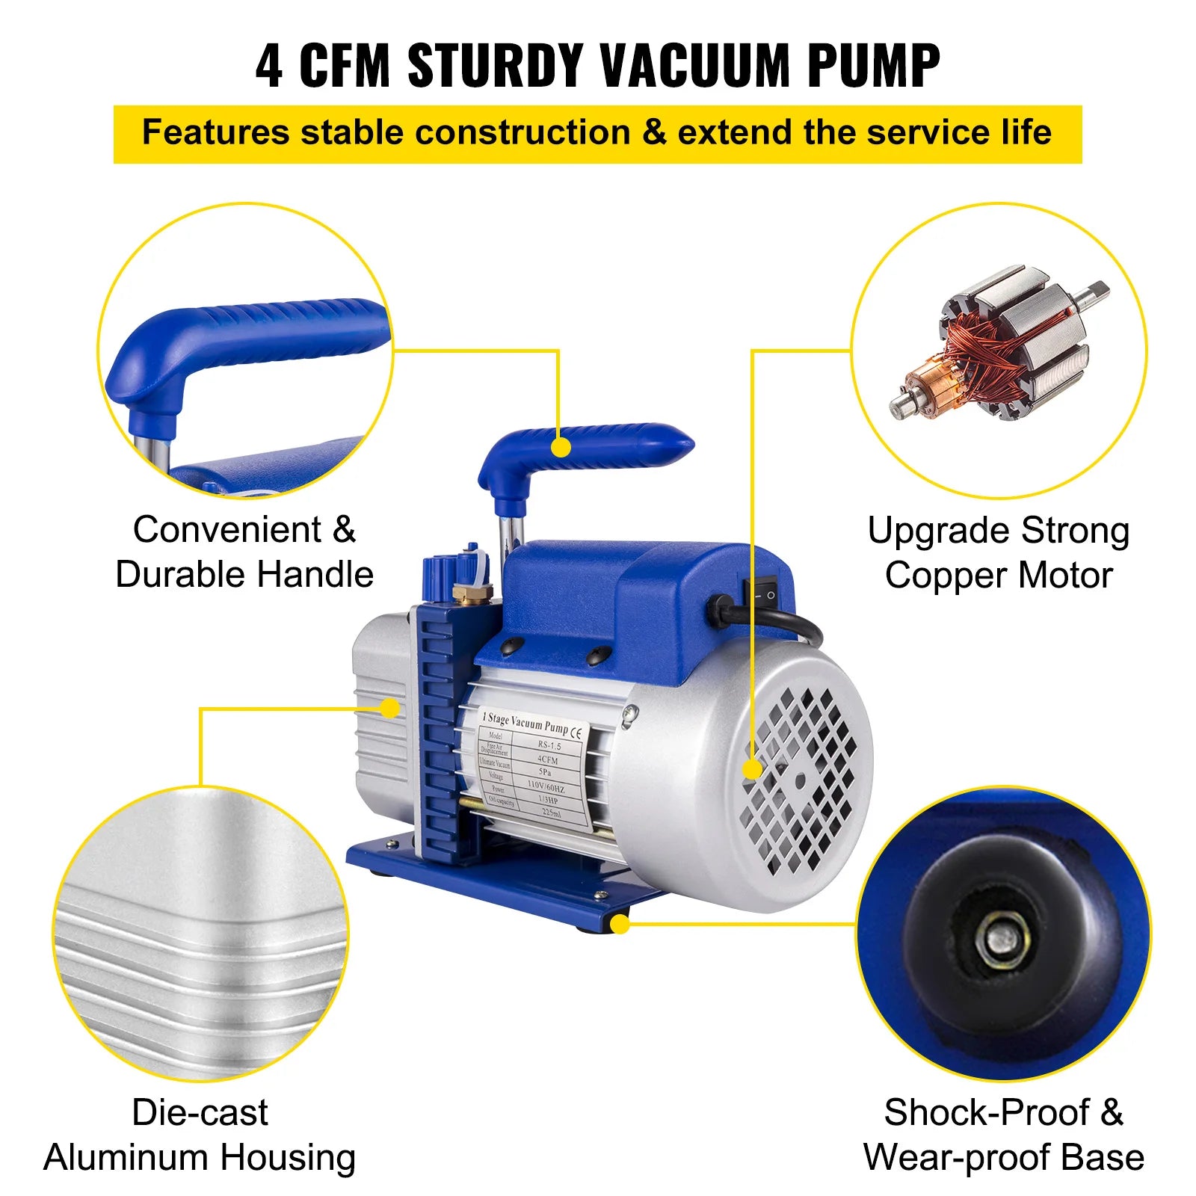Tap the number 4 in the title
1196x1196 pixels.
tap(269, 66)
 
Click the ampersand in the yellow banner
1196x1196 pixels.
tap(654, 132)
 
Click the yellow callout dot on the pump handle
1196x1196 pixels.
tap(561, 448)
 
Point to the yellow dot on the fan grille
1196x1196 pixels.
tap(752, 769)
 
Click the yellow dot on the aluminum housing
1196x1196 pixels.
tap(389, 708)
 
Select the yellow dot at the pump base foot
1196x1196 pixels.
tap(620, 925)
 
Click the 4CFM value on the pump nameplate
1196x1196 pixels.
tap(548, 759)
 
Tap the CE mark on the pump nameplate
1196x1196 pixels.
tap(576, 733)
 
